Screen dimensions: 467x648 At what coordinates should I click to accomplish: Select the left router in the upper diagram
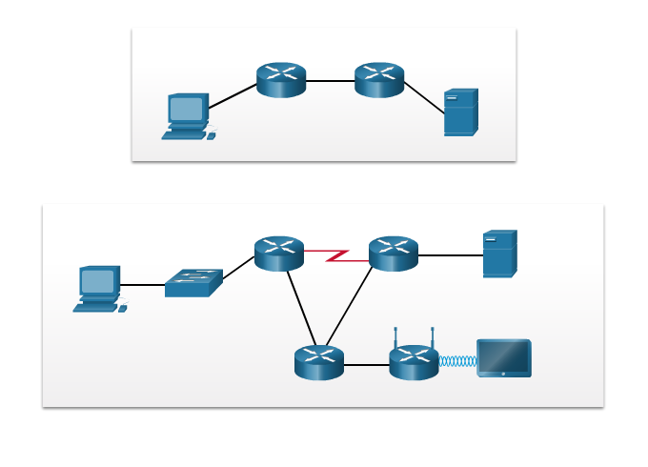281,80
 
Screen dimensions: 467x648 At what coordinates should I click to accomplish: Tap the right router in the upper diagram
379,80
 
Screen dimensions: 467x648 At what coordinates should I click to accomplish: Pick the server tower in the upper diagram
460,112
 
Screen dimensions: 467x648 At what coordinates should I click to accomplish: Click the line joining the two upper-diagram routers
330,81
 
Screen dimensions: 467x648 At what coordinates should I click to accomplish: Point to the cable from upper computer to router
233,96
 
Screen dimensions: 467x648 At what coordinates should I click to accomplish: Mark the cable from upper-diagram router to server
424,97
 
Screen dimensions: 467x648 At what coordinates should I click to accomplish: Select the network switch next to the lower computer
193,283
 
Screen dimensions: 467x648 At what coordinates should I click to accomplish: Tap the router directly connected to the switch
279,254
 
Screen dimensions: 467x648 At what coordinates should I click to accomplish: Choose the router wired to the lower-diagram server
394,254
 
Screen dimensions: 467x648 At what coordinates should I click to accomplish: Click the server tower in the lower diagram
499,254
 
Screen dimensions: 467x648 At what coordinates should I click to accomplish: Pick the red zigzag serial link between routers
336,255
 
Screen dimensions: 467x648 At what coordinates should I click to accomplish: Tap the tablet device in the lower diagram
504,358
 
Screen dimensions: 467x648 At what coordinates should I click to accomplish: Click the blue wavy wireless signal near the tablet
457,361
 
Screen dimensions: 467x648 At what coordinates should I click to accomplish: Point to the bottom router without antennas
319,362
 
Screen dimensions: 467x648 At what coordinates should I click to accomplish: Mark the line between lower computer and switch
143,285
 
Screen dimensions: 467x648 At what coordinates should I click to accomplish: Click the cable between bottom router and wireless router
366,364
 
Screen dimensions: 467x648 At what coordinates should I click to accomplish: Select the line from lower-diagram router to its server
450,255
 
